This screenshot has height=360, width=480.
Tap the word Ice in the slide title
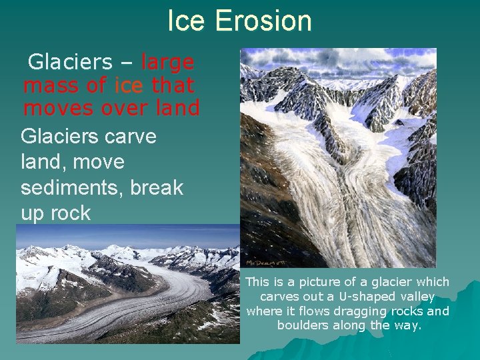[187, 21]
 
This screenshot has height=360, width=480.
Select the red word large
[167, 63]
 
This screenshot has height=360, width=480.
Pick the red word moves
[59, 108]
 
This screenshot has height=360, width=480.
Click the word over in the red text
[123, 108]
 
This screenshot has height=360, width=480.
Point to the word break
[157, 188]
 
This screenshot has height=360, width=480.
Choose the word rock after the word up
[67, 213]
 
